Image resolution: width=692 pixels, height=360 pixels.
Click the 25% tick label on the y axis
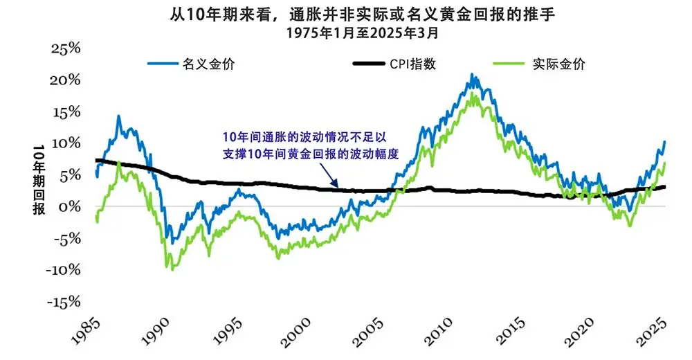(66, 48)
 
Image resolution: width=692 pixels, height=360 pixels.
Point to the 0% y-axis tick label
(71, 206)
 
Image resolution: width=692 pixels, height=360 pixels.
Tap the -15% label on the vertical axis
(63, 302)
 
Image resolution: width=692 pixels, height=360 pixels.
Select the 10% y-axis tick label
(66, 143)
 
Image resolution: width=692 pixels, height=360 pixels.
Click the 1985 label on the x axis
(86, 332)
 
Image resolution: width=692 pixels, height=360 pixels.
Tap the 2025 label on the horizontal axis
(651, 332)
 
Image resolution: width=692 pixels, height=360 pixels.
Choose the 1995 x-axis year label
(228, 332)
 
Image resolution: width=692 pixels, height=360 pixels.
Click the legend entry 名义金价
(208, 64)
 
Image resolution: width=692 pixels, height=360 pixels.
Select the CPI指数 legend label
(412, 64)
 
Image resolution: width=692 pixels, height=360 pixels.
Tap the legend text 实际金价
(558, 64)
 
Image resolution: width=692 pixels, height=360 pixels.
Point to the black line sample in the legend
(369, 64)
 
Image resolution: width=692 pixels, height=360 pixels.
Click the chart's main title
(363, 15)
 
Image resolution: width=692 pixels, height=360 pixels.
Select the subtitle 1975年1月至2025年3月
(363, 33)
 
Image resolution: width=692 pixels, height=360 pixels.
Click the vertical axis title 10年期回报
(39, 179)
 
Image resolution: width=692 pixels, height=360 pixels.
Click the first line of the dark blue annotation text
(304, 137)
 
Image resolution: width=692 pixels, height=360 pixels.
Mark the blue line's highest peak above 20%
(472, 74)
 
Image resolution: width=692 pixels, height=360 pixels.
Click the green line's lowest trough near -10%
(172, 269)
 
